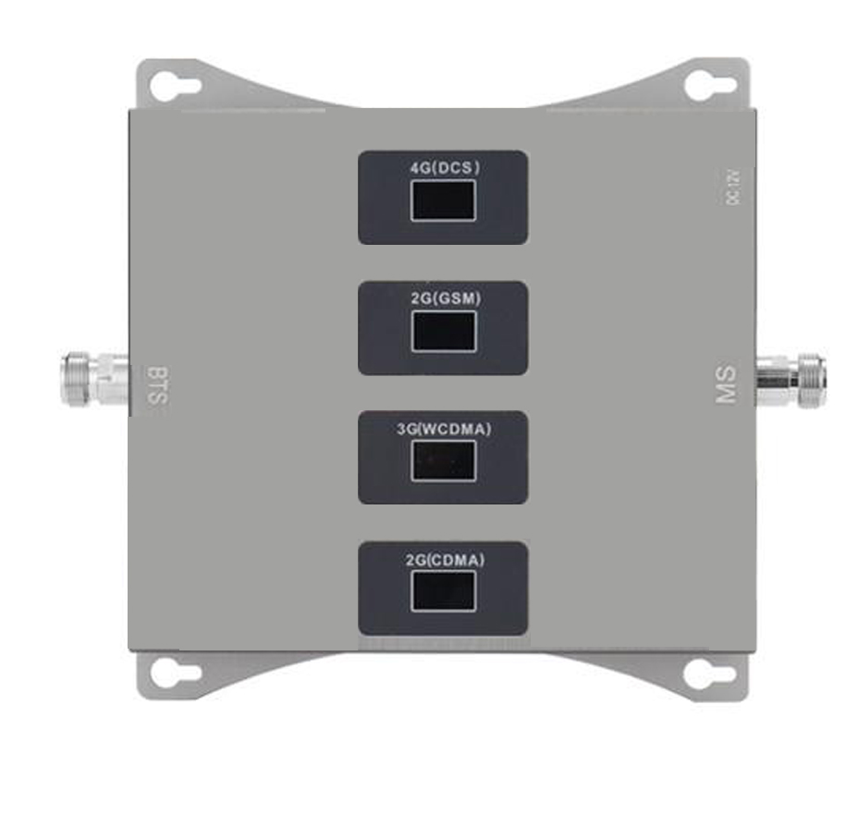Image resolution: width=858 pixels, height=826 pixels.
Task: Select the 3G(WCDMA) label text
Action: pos(444,428)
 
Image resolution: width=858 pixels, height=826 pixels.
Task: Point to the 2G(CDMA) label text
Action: pos(444,558)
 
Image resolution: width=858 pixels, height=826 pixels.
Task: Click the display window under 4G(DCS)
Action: pos(444,200)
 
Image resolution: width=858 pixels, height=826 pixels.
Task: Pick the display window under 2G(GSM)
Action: pos(444,330)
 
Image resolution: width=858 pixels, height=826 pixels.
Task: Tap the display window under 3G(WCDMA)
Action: pos(444,460)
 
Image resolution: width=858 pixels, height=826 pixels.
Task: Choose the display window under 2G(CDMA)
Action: pos(444,590)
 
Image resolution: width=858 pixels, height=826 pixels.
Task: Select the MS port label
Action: pos(727,385)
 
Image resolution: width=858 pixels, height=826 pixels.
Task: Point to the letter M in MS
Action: pos(727,395)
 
